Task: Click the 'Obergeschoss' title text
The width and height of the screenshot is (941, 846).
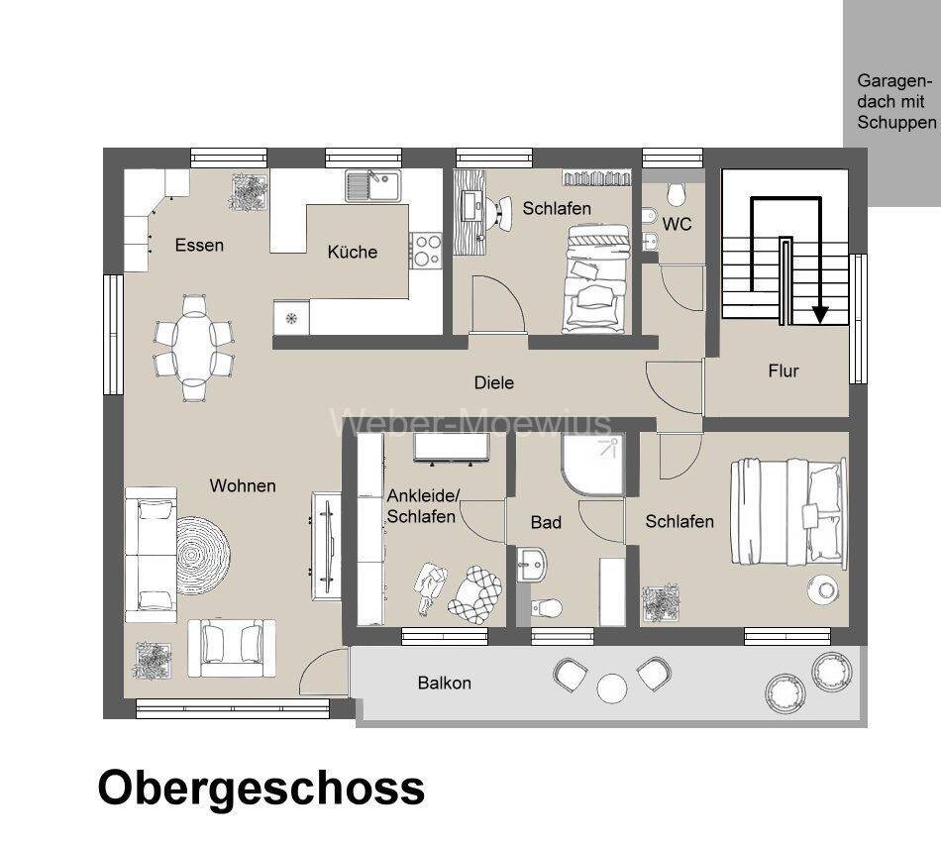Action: click(261, 789)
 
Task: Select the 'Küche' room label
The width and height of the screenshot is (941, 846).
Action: click(353, 252)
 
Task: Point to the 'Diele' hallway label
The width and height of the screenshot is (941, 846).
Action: click(493, 382)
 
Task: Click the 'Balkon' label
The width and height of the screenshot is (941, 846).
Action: click(444, 683)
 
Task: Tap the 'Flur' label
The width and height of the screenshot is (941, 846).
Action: click(783, 371)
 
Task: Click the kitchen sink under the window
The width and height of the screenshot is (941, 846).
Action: click(371, 183)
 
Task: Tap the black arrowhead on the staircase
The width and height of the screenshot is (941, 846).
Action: click(819, 315)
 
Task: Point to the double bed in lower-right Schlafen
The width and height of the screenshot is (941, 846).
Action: click(788, 512)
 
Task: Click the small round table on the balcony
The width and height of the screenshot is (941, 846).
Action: click(611, 687)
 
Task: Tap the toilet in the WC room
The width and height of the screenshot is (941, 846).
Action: click(678, 192)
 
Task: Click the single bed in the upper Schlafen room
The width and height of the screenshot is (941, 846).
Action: click(595, 278)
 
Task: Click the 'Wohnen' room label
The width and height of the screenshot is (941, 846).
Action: click(243, 485)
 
